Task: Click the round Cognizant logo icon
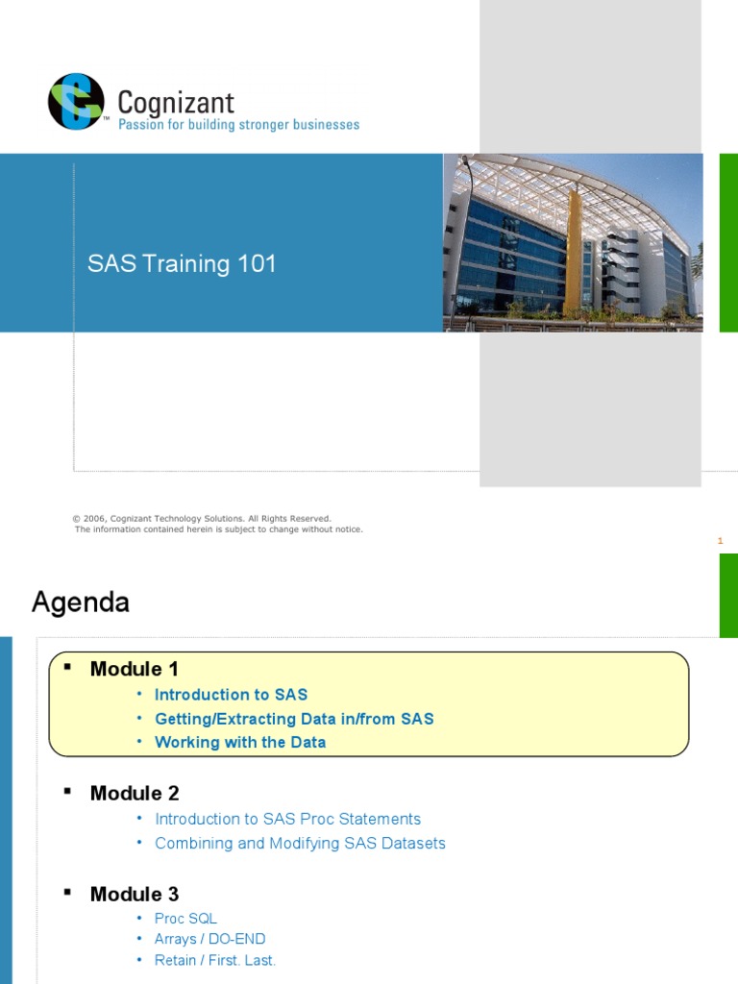[76, 101]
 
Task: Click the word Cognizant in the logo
[175, 102]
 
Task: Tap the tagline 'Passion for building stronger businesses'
[237, 125]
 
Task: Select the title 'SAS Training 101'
[182, 264]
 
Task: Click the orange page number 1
[720, 541]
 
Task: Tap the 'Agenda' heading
[81, 603]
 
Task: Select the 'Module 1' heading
[135, 669]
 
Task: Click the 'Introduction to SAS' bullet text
[231, 695]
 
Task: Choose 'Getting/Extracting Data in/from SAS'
[294, 719]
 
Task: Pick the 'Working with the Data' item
[240, 743]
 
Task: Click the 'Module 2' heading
[135, 793]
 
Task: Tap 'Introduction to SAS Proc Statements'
[287, 819]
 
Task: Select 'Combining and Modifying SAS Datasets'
[300, 843]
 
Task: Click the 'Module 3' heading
[135, 894]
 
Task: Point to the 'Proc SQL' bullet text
[185, 919]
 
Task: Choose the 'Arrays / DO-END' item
[209, 939]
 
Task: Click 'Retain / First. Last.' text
[215, 960]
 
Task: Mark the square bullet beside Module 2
[67, 790]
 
